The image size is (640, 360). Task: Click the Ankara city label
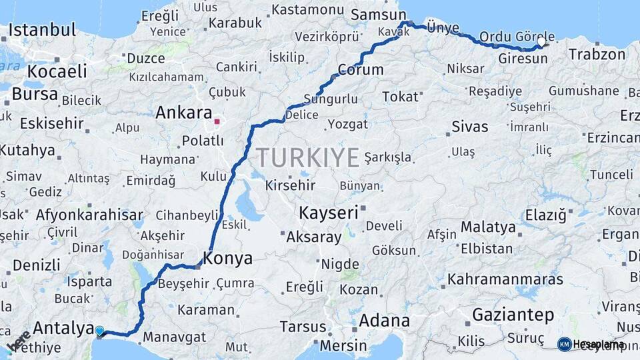pyautogui.click(x=183, y=113)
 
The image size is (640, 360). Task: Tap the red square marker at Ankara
pyautogui.click(x=217, y=122)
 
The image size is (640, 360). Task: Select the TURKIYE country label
pyautogui.click(x=308, y=157)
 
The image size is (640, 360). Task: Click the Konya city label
pyautogui.click(x=227, y=258)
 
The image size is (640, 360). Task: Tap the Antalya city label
pyautogui.click(x=63, y=327)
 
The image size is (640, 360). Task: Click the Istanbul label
pyautogui.click(x=43, y=30)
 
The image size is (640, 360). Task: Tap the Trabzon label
pyautogui.click(x=597, y=55)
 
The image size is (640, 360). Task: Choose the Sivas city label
pyautogui.click(x=469, y=126)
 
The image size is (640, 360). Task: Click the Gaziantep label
pyautogui.click(x=513, y=314)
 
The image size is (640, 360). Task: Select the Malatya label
pyautogui.click(x=488, y=227)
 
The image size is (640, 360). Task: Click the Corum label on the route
pyautogui.click(x=361, y=69)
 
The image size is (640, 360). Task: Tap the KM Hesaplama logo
pyautogui.click(x=591, y=344)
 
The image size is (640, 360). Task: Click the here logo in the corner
pyautogui.click(x=18, y=340)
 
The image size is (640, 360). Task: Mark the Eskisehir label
pyautogui.click(x=52, y=123)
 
